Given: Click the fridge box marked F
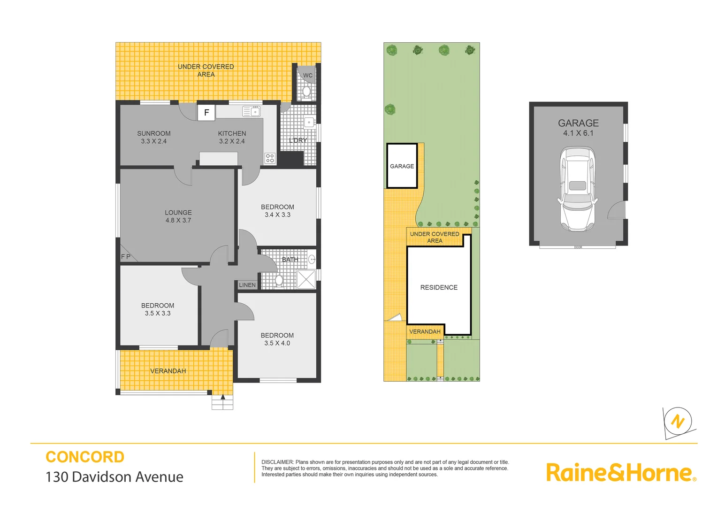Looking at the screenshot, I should [x=206, y=113].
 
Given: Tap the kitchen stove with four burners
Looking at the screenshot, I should [x=270, y=158].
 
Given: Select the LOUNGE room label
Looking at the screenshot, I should [x=178, y=213].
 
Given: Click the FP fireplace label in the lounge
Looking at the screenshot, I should [x=126, y=257].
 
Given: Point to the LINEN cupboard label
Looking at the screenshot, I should [x=247, y=285].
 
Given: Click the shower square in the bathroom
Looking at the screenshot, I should [x=306, y=279].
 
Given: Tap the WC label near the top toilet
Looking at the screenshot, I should [x=308, y=76].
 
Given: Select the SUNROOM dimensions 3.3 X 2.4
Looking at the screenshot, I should [x=154, y=141].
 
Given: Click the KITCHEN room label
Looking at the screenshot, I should [x=232, y=134].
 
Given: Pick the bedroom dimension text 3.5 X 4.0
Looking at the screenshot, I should [x=277, y=343].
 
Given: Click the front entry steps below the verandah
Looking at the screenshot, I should [x=222, y=402].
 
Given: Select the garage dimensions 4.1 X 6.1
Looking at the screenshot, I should [x=578, y=133].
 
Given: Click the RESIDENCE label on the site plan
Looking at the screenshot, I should [x=439, y=287].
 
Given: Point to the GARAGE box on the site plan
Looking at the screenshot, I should [x=402, y=166].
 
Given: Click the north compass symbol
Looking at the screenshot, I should [x=678, y=422].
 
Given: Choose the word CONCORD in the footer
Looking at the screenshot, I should [x=85, y=457].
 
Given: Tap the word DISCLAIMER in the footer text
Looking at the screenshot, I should [x=277, y=462].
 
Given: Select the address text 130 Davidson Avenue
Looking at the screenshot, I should [x=114, y=477].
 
